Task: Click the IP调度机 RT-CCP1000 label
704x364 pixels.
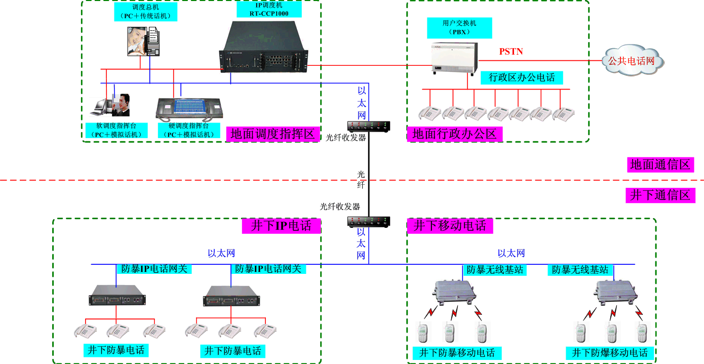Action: point(269,10)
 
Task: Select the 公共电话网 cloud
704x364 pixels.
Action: point(632,61)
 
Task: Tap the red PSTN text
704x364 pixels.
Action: point(511,52)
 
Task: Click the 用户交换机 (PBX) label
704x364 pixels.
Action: point(459,27)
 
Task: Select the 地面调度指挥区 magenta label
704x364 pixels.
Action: point(273,134)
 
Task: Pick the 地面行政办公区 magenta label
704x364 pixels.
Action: point(455,134)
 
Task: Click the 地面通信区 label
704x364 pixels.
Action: point(660,165)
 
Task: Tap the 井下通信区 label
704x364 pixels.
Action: point(660,195)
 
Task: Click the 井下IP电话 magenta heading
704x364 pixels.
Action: point(282,226)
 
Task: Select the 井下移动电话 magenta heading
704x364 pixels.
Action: point(450,226)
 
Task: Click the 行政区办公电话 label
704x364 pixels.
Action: point(522,77)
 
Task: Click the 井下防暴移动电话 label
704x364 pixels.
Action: point(457,353)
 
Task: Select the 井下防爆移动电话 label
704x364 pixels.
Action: point(610,353)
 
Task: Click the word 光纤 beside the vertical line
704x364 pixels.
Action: point(361,179)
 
